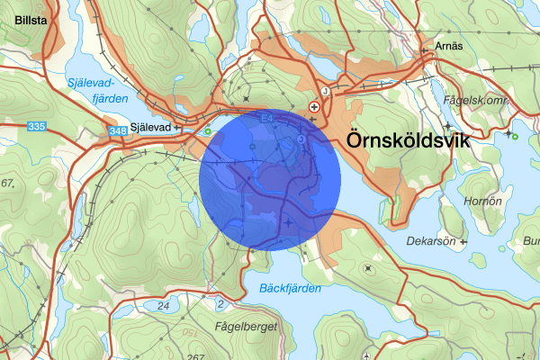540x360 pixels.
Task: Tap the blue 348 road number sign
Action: click(118, 132)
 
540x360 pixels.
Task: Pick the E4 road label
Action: click(267, 117)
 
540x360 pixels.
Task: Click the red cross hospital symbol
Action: click(314, 106)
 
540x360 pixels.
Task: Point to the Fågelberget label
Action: click(246, 327)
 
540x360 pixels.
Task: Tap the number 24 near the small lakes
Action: click(163, 306)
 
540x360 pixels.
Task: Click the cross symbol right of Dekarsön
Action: click(463, 241)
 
